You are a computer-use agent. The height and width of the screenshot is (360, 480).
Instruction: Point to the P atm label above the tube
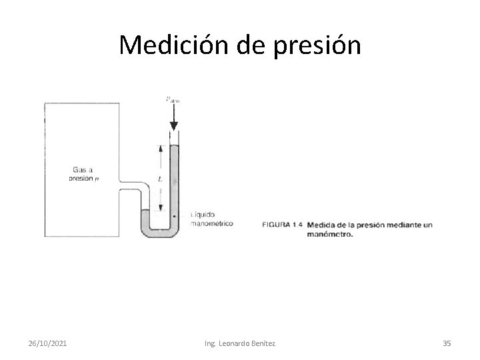172,100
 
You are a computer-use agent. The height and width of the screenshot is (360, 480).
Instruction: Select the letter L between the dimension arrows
160,179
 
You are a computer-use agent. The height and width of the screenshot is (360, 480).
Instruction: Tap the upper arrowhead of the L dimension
160,149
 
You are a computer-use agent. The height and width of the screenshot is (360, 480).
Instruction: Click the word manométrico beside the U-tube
211,224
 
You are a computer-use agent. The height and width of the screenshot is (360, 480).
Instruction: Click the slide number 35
447,343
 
